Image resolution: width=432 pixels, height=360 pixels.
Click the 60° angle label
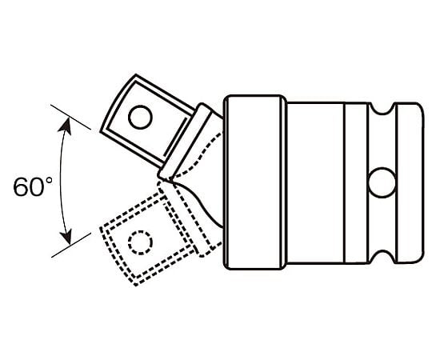click(33, 186)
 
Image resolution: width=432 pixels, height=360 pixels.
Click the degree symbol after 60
click(49, 181)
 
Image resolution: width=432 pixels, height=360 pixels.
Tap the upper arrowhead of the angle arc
click(65, 126)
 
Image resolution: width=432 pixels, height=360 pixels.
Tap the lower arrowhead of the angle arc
click(66, 236)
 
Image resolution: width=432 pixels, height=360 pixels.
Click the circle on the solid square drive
click(140, 117)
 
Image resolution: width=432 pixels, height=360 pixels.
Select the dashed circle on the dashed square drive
click(140, 242)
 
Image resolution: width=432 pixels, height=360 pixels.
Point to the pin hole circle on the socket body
click(382, 182)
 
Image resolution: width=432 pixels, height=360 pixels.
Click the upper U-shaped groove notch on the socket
click(382, 108)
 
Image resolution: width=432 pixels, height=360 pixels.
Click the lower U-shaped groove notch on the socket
click(382, 257)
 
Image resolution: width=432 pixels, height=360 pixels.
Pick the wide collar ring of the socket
click(255, 182)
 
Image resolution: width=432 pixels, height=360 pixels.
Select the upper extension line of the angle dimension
click(71, 117)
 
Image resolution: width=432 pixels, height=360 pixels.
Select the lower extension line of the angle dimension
click(71, 245)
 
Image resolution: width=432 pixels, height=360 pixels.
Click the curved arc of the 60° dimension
click(61, 181)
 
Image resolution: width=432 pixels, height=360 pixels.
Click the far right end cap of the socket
click(410, 182)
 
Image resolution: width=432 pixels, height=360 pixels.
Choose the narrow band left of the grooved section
click(357, 182)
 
